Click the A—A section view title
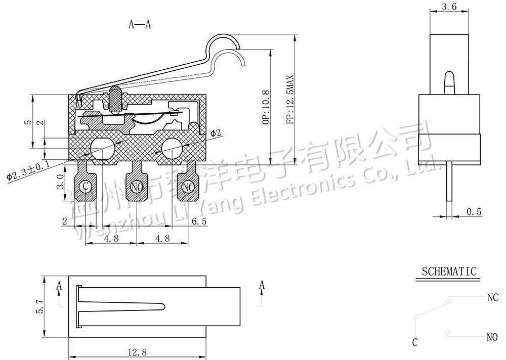[140, 24]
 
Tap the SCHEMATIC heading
[449, 272]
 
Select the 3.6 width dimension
[449, 7]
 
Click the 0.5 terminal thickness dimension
[474, 212]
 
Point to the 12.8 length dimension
[137, 352]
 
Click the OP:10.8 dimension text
[266, 107]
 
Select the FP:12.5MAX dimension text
[290, 100]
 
